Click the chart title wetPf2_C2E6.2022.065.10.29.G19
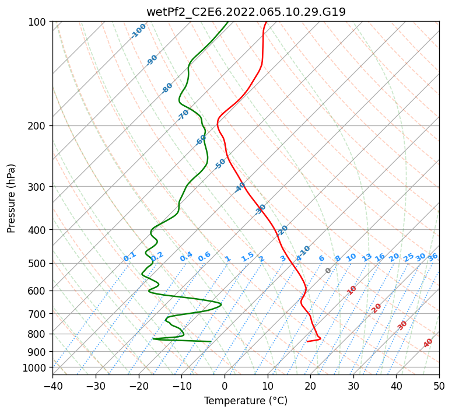[246, 12]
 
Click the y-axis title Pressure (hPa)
[12, 198]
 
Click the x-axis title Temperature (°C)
[246, 401]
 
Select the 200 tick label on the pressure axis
[38, 125]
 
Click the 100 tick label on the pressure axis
[38, 22]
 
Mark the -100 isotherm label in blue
[139, 30]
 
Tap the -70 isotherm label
[183, 114]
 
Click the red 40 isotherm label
[428, 343]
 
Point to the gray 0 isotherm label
[328, 271]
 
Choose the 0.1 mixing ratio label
[129, 256]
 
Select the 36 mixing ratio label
[433, 257]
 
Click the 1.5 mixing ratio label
[247, 256]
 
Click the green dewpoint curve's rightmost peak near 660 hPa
[221, 304]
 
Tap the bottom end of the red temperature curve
[307, 341]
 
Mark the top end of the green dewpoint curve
[227, 22]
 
